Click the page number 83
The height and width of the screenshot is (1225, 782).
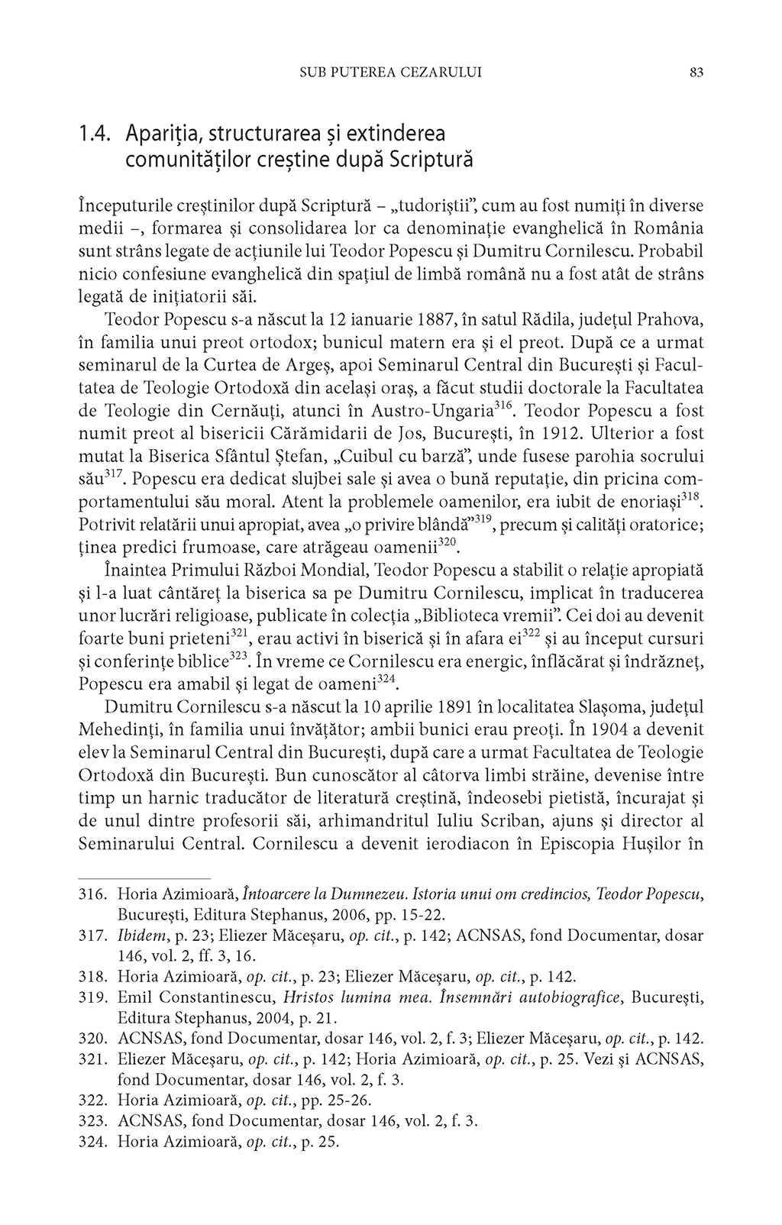[696, 73]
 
